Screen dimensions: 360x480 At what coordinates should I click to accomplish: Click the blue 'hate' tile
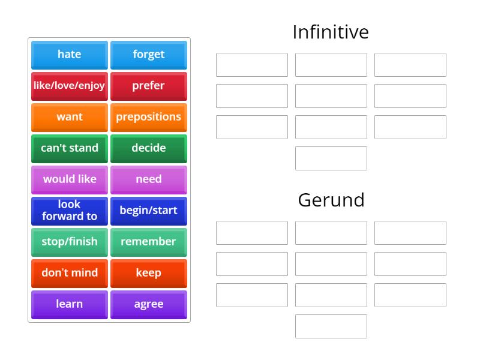pyautogui.click(x=70, y=55)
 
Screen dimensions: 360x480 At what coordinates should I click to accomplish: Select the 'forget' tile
pyautogui.click(x=149, y=55)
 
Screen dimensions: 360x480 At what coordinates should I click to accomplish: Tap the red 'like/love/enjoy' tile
pyautogui.click(x=70, y=86)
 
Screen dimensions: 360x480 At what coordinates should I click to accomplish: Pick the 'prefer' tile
pyautogui.click(x=149, y=86)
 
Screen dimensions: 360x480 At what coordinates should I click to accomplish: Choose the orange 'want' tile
pyautogui.click(x=70, y=117)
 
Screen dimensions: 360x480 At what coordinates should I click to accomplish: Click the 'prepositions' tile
pyautogui.click(x=149, y=117)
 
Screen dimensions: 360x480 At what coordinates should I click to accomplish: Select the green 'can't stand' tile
pyautogui.click(x=70, y=148)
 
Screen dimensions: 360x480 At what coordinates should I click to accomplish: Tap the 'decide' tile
pyautogui.click(x=149, y=148)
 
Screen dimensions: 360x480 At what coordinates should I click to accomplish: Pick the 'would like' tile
pyautogui.click(x=70, y=179)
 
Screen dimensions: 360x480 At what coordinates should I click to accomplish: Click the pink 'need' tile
pyautogui.click(x=149, y=179)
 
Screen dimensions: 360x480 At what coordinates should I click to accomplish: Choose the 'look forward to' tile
pyautogui.click(x=70, y=211)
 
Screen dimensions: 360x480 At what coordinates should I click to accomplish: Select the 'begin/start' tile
pyautogui.click(x=149, y=211)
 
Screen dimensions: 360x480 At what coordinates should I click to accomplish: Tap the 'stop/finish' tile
pyautogui.click(x=70, y=242)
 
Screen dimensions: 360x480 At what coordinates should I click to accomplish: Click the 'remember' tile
pyautogui.click(x=149, y=242)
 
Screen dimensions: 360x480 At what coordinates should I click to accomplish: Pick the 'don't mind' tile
pyautogui.click(x=70, y=273)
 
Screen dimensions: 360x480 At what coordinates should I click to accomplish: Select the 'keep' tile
pyautogui.click(x=149, y=273)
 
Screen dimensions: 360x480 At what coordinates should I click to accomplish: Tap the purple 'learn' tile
pyautogui.click(x=70, y=304)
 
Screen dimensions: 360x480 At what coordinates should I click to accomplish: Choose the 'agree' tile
pyautogui.click(x=149, y=304)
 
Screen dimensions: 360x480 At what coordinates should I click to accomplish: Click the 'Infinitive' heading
pyautogui.click(x=331, y=32)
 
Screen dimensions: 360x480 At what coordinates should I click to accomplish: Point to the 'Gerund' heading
pyautogui.click(x=331, y=200)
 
